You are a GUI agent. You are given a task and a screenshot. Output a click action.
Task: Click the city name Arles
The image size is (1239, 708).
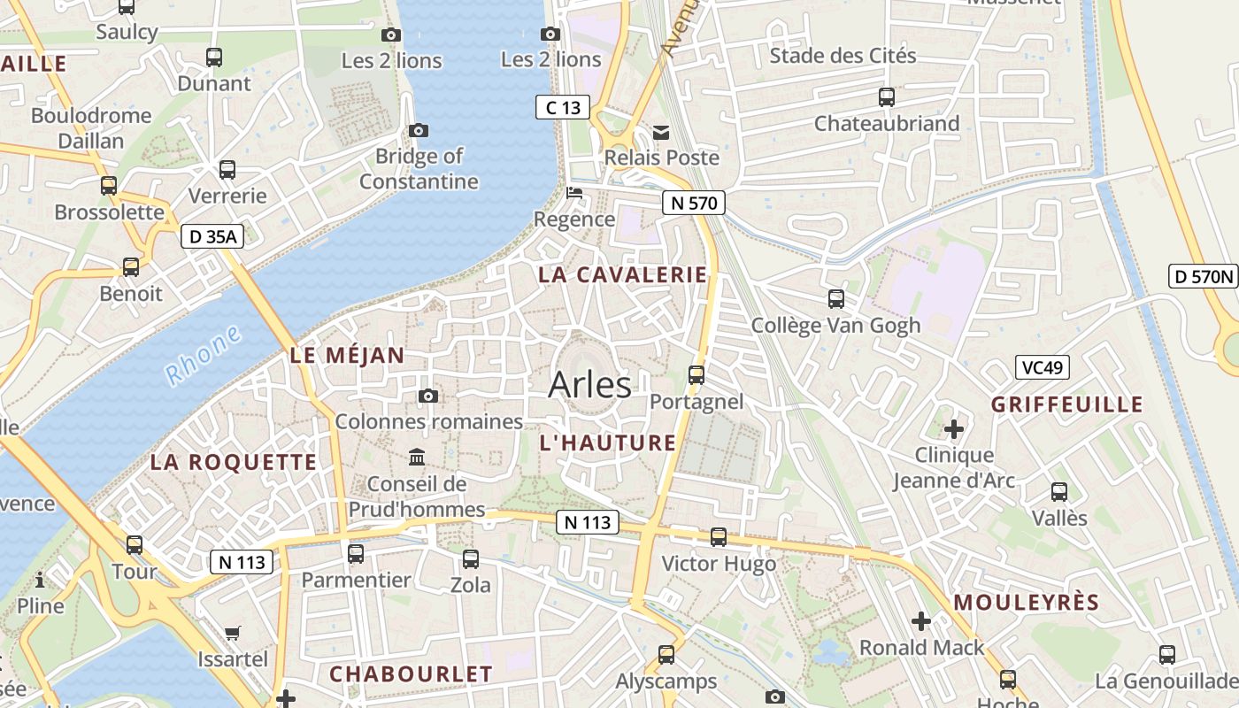[x=589, y=385]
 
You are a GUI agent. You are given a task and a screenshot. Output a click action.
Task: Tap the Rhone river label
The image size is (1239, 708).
[x=203, y=355]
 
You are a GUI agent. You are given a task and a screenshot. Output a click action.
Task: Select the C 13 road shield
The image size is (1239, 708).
[x=563, y=108]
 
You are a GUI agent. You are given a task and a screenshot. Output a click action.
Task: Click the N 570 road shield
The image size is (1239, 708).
[x=694, y=203]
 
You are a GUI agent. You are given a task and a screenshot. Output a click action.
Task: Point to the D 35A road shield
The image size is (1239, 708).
[x=212, y=236]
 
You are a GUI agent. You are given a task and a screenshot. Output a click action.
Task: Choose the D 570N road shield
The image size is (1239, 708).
[x=1202, y=276]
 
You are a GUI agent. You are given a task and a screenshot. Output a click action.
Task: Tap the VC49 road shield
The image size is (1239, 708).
[x=1042, y=367]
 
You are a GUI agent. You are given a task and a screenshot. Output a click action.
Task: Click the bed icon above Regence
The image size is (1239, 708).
[x=574, y=193]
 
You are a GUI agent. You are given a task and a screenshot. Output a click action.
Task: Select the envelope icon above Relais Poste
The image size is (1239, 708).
[x=661, y=133]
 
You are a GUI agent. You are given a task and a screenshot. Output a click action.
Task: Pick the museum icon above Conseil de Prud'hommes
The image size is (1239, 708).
[x=416, y=458]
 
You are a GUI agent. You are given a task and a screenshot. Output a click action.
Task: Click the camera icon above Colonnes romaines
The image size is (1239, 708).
[x=428, y=396]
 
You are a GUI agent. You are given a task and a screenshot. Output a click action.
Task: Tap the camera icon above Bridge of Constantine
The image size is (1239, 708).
[x=419, y=131]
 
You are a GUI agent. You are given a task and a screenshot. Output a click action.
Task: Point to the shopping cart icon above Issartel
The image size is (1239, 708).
[x=232, y=633]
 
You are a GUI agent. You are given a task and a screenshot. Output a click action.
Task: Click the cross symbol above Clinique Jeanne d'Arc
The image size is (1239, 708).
[x=953, y=430]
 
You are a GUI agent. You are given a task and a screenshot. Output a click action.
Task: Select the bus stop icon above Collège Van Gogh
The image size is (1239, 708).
[x=835, y=299]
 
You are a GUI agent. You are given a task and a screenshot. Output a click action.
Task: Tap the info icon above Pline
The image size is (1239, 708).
[x=40, y=581]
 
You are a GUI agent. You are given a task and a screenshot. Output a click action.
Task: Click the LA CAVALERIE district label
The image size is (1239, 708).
[x=623, y=274]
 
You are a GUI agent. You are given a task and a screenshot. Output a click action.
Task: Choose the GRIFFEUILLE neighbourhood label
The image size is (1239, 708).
[x=1066, y=405]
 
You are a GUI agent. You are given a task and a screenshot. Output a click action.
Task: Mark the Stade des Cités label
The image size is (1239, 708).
[x=843, y=56]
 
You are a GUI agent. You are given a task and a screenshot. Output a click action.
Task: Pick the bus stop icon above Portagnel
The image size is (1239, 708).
[x=696, y=375]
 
